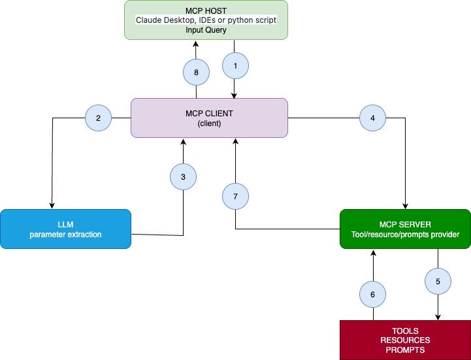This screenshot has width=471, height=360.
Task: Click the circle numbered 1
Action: pyautogui.click(x=235, y=66)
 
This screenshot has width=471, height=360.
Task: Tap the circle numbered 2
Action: pyautogui.click(x=98, y=118)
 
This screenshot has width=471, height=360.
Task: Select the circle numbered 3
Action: pyautogui.click(x=183, y=176)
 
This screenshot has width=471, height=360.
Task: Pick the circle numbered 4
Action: pyautogui.click(x=372, y=118)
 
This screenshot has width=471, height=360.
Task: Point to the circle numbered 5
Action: pyautogui.click(x=438, y=282)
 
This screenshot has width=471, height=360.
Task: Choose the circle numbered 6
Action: pyautogui.click(x=372, y=295)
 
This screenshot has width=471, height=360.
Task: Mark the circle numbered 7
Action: pyautogui.click(x=235, y=196)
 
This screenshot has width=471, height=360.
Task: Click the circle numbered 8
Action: pyautogui.click(x=196, y=73)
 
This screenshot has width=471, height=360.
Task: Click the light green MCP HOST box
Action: pyautogui.click(x=206, y=20)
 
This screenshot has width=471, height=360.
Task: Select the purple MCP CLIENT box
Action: pyautogui.click(x=209, y=118)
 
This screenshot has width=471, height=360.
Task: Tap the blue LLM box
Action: pyautogui.click(x=65, y=229)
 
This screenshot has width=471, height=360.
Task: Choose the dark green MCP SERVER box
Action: pyautogui.click(x=405, y=229)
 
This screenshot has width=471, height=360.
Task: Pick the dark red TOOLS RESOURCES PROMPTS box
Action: pyautogui.click(x=405, y=340)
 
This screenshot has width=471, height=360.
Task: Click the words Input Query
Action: pyautogui.click(x=206, y=30)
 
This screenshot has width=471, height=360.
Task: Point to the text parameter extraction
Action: pyautogui.click(x=65, y=234)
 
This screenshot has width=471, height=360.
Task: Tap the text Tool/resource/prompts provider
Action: pyautogui.click(x=405, y=234)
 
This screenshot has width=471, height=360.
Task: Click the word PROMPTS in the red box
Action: pyautogui.click(x=405, y=350)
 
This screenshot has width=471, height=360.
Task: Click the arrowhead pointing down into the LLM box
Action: pyautogui.click(x=52, y=205)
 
